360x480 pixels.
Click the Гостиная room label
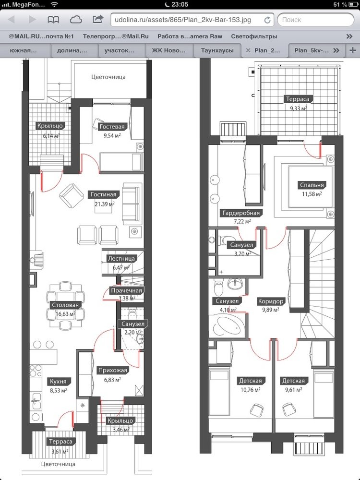pos(104,194)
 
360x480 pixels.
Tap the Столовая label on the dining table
pos(65,305)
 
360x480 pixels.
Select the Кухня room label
pos(58,382)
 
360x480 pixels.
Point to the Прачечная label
pos(126,290)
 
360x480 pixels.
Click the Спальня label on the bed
pos(312,185)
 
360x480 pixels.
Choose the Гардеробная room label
pos(241,213)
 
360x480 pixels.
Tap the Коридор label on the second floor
pos(271,301)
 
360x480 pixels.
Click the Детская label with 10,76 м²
pos(251,381)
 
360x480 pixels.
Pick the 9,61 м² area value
pos(294,390)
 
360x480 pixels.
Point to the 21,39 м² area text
pos(104,204)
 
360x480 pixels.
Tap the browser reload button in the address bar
pos(267,20)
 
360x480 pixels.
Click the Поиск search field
pos(315,20)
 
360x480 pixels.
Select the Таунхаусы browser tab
pos(217,50)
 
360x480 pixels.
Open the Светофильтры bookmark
pos(254,36)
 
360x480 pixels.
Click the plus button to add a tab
pos(352,50)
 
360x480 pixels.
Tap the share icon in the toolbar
pos(97,20)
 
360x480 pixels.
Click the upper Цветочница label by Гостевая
pos(108,77)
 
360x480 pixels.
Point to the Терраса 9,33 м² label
pos(298,99)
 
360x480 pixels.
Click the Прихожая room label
pos(113,371)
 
